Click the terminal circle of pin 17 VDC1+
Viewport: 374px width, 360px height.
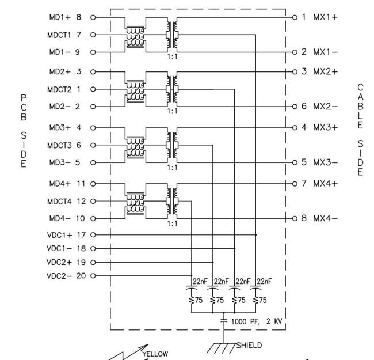click(93, 235)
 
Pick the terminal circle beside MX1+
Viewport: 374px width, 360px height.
click(295, 17)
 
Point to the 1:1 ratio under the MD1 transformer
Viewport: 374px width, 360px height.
click(171, 56)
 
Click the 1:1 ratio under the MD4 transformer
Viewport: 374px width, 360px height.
click(171, 223)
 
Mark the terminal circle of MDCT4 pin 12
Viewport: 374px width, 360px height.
click(93, 201)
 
